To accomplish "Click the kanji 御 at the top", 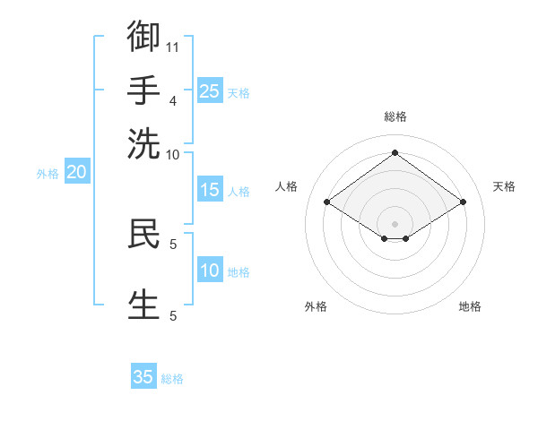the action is tap(143, 36).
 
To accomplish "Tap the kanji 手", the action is tap(143, 90).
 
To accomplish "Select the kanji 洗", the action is tap(143, 144).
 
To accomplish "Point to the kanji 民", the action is tap(143, 234).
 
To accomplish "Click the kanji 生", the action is tap(143, 305).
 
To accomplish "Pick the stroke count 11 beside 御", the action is tap(172, 47).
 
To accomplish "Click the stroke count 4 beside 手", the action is tap(173, 101).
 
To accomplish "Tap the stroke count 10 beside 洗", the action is tap(172, 155).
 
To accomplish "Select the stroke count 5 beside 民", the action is tap(173, 245).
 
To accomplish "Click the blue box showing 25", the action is tap(210, 90).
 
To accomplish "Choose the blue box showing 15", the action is tap(210, 189).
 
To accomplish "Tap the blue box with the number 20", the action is tap(77, 171).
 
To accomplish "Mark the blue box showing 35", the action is tap(143, 375).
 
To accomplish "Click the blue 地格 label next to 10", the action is tap(239, 272).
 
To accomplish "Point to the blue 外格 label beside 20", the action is tap(48, 174).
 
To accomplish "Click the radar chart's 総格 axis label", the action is tap(395, 116).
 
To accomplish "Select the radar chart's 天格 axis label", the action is tap(504, 186).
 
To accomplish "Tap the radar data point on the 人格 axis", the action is tap(327, 202).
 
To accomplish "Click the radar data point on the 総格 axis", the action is tap(395, 152).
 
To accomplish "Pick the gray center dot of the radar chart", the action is tap(395, 224).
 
